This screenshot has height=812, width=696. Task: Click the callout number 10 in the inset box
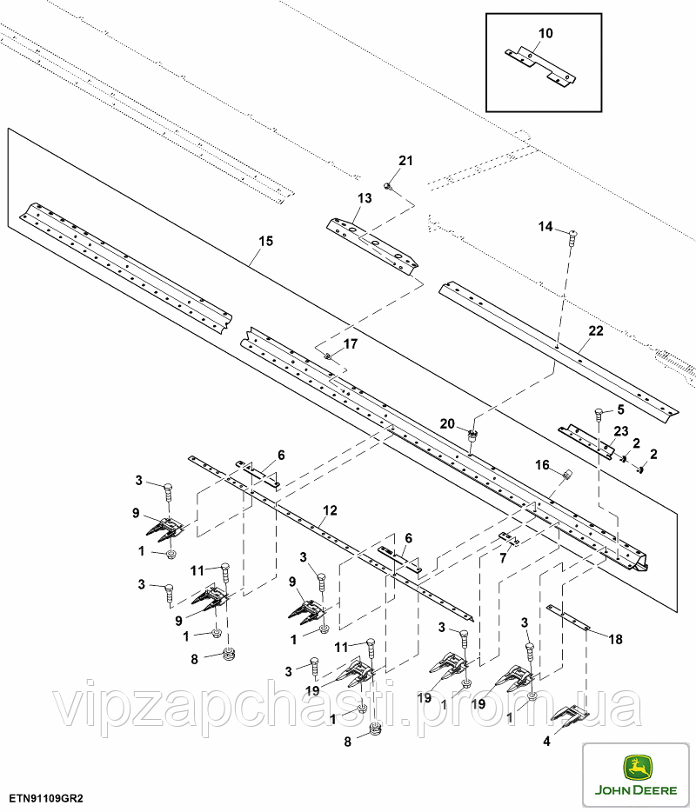tap(545, 34)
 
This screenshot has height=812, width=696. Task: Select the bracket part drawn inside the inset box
tap(540, 66)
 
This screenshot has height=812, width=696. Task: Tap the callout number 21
tap(405, 161)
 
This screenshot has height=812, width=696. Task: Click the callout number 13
tap(365, 198)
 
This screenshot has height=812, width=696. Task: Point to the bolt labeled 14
tap(572, 236)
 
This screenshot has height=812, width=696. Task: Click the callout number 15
tap(266, 242)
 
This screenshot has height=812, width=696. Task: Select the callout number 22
tap(596, 331)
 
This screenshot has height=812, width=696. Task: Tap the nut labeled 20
tap(472, 435)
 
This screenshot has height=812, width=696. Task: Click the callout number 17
tap(351, 344)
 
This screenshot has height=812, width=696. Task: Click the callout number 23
tap(621, 431)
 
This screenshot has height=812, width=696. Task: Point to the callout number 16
tap(542, 465)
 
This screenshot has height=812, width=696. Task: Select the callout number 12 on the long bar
tap(330, 510)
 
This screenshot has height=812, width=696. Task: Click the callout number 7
tap(503, 559)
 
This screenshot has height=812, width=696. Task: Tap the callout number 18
tap(615, 640)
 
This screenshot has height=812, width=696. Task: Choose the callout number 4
tap(546, 742)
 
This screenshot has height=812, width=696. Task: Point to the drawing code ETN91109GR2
tap(45, 799)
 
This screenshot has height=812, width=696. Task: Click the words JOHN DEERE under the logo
tap(636, 790)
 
